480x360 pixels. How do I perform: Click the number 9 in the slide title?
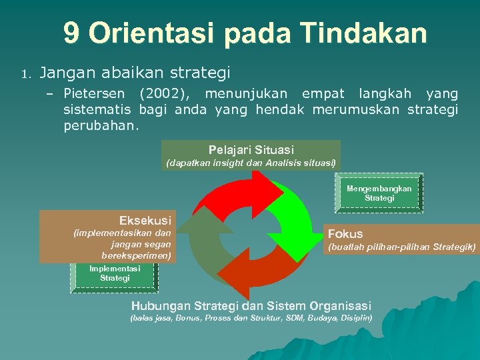coord(72,33)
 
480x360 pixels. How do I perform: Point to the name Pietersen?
coord(98,93)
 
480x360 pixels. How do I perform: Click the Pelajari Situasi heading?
coord(251,150)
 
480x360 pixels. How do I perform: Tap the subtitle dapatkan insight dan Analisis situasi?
coord(251,163)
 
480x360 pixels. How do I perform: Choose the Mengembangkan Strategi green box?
coord(379,193)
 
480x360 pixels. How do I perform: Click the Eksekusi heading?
coord(145,220)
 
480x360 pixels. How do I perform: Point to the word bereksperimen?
coord(136,255)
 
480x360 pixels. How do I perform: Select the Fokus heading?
coord(345,233)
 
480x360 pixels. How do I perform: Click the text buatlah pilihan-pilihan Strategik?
coord(400,247)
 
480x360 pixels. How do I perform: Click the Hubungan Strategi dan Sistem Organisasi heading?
coord(251,305)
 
